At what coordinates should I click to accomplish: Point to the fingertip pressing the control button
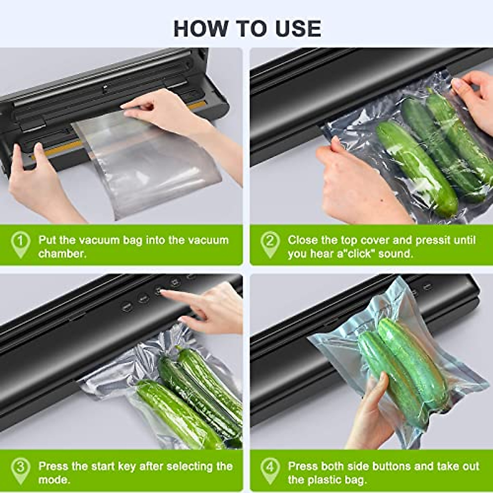[x=164, y=292]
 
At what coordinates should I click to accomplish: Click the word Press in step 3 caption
[x=53, y=466]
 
